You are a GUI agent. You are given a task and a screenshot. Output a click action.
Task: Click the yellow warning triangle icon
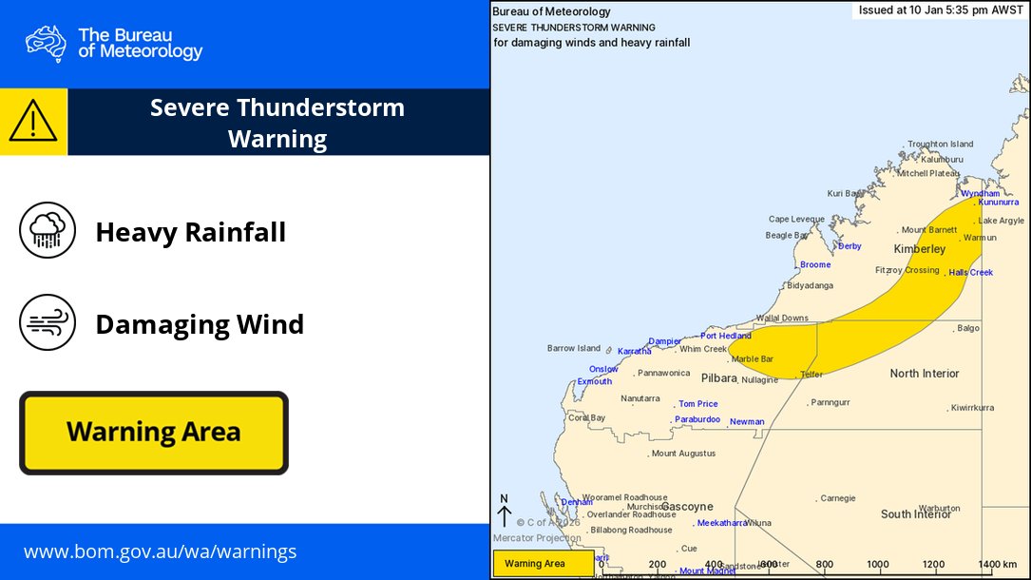click(x=33, y=122)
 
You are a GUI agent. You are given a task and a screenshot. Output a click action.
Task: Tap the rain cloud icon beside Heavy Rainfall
click(x=48, y=229)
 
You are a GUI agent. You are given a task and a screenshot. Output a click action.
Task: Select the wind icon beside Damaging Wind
click(x=48, y=324)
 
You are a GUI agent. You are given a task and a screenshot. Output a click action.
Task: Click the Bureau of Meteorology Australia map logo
click(x=46, y=44)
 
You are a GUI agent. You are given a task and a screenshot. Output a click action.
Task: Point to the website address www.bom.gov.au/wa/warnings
click(x=160, y=551)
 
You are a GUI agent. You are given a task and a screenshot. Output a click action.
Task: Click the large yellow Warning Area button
click(x=153, y=433)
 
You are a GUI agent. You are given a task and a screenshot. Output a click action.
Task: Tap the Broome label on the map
click(x=815, y=265)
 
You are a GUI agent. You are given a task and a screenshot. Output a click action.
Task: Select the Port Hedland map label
click(x=725, y=336)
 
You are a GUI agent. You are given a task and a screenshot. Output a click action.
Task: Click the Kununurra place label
click(x=998, y=203)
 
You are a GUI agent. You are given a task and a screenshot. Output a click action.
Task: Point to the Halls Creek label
click(x=970, y=273)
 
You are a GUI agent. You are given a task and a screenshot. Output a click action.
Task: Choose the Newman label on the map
click(x=747, y=422)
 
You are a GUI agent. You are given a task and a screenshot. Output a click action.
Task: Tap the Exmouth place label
click(x=595, y=382)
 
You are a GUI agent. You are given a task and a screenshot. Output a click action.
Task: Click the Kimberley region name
click(x=920, y=249)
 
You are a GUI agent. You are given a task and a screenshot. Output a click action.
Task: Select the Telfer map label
click(x=811, y=375)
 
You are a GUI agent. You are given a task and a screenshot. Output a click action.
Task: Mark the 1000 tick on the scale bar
click(x=878, y=564)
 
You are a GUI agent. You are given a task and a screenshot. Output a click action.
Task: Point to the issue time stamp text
click(x=940, y=10)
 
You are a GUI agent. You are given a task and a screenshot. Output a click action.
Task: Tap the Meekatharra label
click(x=721, y=523)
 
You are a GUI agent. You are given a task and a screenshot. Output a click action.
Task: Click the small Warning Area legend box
click(x=543, y=564)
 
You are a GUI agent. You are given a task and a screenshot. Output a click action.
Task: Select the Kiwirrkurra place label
click(x=972, y=408)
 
